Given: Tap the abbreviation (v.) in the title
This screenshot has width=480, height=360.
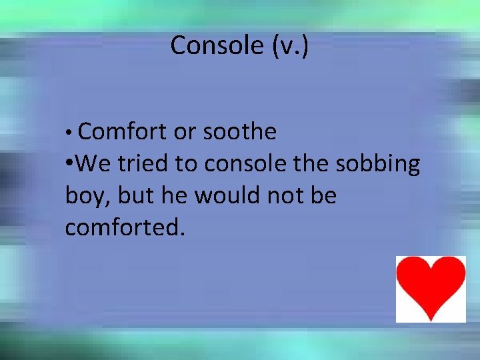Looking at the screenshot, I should tap(286, 45).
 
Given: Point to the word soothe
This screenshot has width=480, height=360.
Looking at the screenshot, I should tap(239, 132).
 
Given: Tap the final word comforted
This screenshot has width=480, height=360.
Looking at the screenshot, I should tap(123, 228).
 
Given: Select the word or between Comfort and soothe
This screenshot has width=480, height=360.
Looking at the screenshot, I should tap(185, 132).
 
